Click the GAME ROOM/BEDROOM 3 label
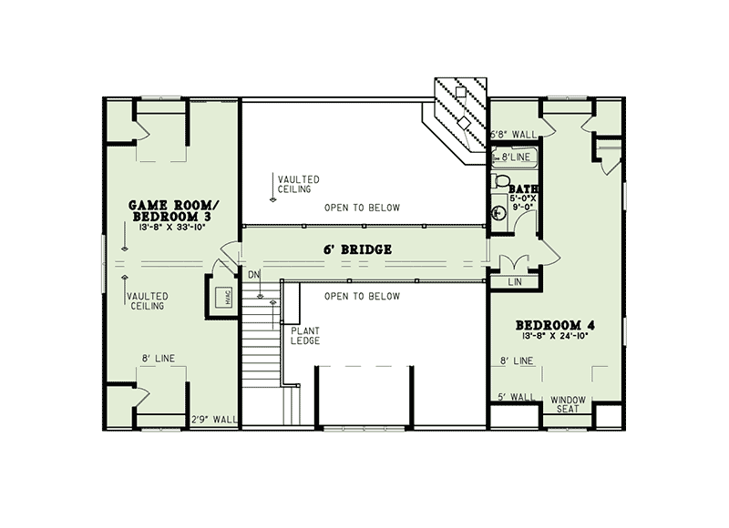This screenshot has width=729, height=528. tap(170, 211)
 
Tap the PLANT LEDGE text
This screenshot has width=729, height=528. tap(305, 335)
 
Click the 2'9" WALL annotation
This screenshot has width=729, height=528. tap(215, 420)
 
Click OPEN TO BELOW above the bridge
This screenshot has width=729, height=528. tap(362, 208)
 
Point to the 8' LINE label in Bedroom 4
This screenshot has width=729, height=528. tap(517, 360)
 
